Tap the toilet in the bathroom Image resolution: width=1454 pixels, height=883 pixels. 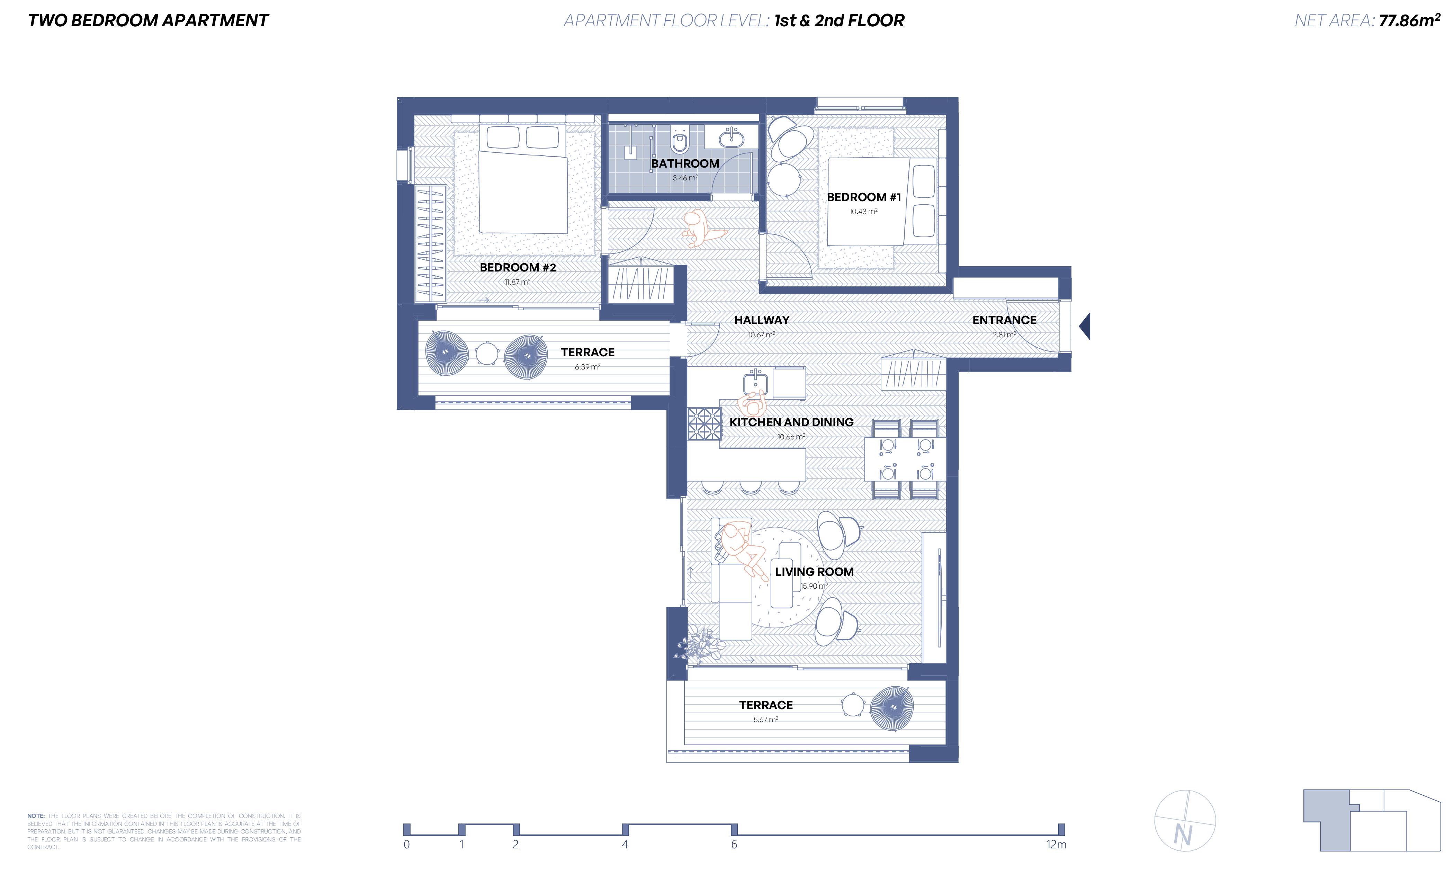(x=680, y=140)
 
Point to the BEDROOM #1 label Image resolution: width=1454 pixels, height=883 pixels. (x=863, y=197)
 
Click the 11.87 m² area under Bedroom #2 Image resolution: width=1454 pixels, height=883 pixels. (x=517, y=282)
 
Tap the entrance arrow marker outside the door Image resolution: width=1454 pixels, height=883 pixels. (x=1085, y=327)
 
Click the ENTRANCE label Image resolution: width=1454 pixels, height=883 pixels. (x=1004, y=320)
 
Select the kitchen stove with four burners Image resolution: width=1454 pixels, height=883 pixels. (x=704, y=424)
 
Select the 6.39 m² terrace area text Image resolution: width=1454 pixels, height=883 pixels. (x=588, y=367)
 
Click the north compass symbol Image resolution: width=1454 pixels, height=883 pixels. (x=1184, y=820)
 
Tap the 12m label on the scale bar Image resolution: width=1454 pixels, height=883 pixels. (x=1056, y=845)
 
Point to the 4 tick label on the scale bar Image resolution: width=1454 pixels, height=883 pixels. (x=625, y=845)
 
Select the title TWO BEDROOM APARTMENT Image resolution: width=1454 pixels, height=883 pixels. (x=148, y=21)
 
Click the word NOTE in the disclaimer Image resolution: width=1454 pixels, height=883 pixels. (x=36, y=816)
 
